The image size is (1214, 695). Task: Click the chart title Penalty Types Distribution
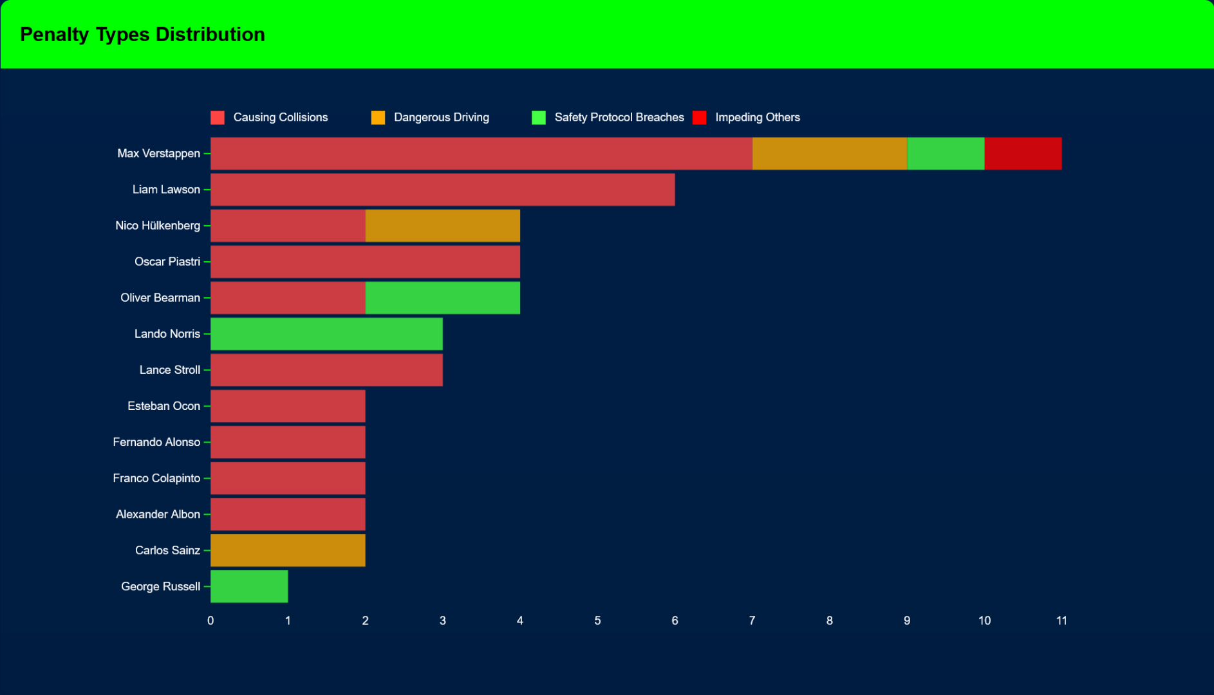point(142,35)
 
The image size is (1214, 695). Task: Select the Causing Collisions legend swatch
point(218,118)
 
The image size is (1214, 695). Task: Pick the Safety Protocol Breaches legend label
point(619,118)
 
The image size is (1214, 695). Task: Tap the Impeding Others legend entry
point(757,118)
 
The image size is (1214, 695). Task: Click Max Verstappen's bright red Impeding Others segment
point(1022,154)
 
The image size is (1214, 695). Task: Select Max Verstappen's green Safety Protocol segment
point(945,154)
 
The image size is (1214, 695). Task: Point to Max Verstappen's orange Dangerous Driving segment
point(829,154)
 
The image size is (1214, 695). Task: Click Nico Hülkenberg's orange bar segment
point(442,226)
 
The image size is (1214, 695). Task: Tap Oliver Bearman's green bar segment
point(442,298)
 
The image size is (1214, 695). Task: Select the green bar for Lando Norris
point(326,334)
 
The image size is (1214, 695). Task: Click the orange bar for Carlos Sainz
point(288,550)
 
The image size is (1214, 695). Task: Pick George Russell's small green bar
point(249,586)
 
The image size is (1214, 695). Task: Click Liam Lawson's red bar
point(442,190)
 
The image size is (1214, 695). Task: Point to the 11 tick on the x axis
point(1061,621)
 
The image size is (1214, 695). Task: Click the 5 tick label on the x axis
point(597,621)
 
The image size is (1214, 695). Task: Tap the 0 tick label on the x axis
point(210,621)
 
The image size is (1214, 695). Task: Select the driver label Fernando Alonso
point(156,442)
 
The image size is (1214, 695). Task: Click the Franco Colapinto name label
point(156,478)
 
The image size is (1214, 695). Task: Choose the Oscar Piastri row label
point(167,262)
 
